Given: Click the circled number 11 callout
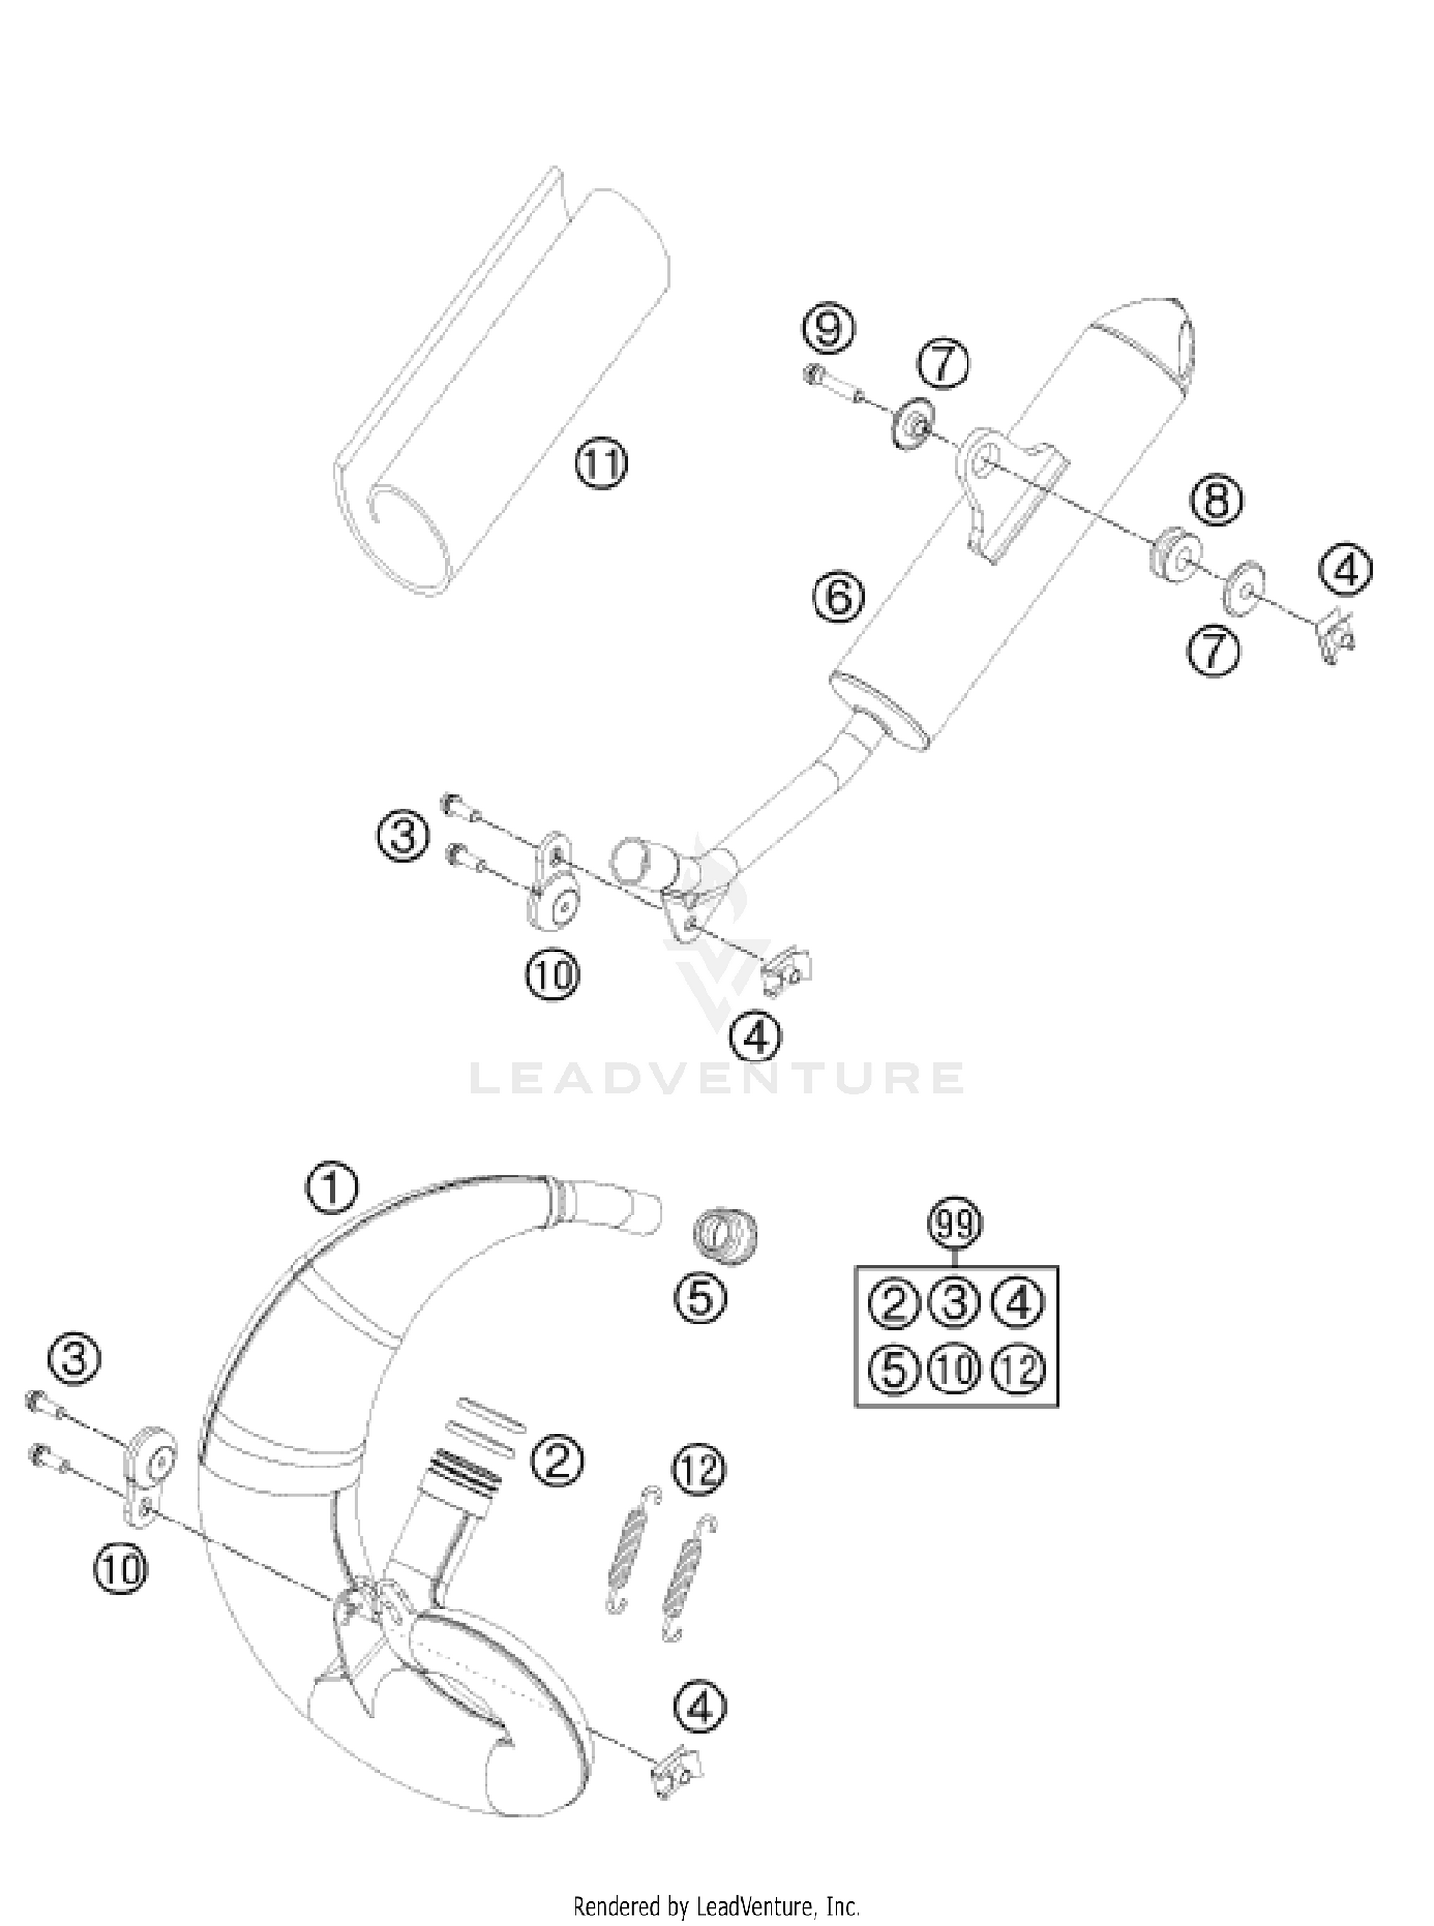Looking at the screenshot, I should point(600,466).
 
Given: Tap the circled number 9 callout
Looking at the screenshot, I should point(828,329).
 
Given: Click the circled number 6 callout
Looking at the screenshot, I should point(838,597).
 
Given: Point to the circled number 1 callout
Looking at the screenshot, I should point(331,1189).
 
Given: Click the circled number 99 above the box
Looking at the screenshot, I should point(955,1225).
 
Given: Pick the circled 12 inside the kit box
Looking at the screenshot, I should point(1020,1370).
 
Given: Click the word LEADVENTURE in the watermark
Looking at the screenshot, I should point(716,1078).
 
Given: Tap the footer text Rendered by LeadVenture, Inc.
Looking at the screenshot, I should point(716,1906).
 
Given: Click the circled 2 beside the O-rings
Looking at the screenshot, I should point(557,1459).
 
